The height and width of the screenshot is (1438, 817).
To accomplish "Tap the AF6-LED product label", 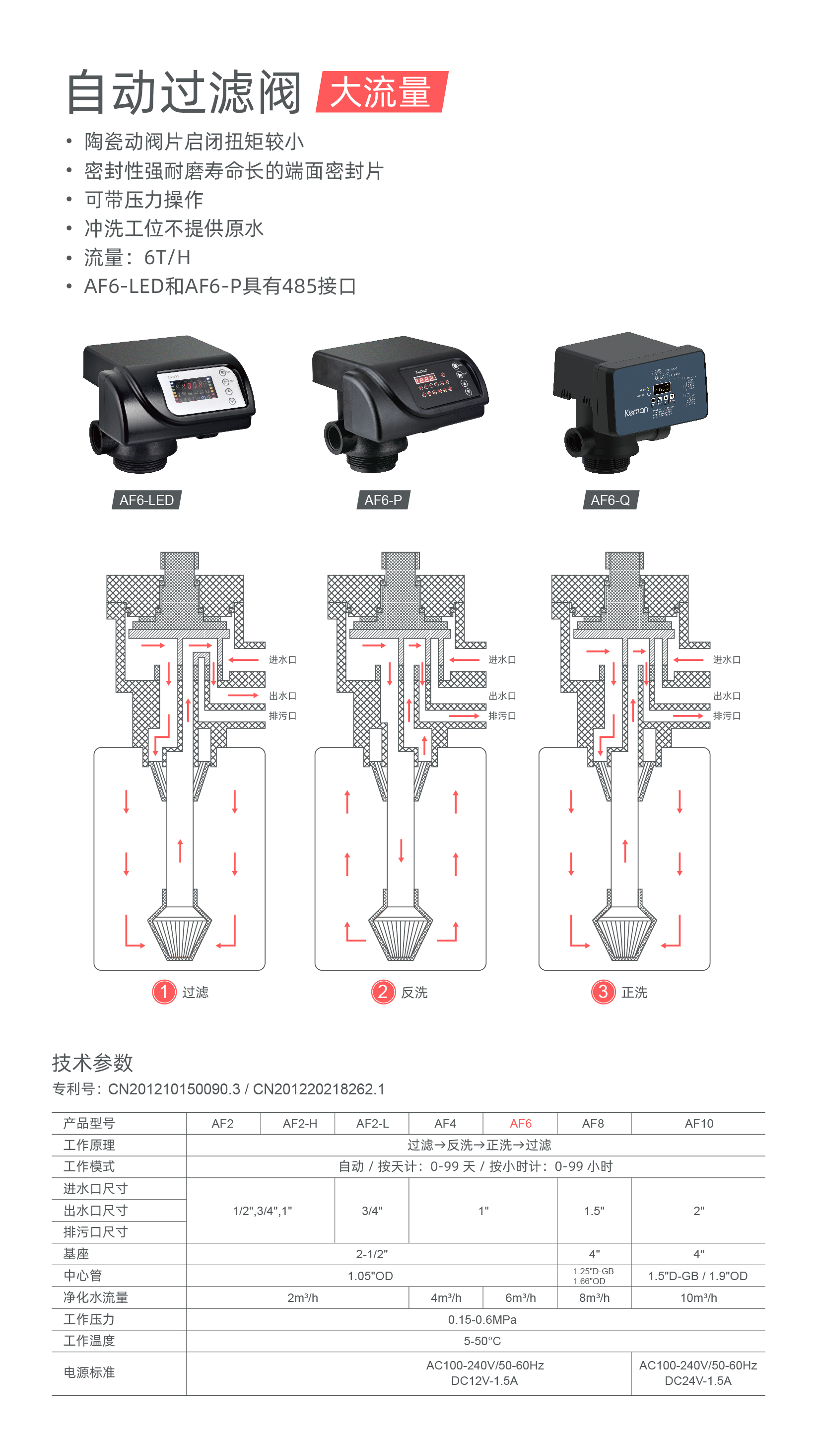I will (x=146, y=500).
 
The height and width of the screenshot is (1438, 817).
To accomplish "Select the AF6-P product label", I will (x=383, y=500).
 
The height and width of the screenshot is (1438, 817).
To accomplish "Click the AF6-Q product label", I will (x=610, y=500).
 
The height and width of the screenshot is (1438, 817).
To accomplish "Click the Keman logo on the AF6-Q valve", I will (x=636, y=412).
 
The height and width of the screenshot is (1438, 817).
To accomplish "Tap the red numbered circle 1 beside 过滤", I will (x=164, y=992).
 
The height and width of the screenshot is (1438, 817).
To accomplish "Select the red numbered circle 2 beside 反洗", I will (x=383, y=992).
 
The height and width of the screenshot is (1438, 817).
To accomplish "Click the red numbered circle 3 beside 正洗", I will (x=603, y=992).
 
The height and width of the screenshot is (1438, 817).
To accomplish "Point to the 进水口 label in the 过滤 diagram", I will (x=282, y=659).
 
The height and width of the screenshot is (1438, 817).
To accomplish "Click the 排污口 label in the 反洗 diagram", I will (x=502, y=716).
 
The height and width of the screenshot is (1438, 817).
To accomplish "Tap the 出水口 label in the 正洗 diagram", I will (x=727, y=696).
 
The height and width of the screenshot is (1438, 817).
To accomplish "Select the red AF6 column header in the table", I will (x=520, y=1123).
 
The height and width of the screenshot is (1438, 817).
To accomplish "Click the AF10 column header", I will (x=698, y=1123).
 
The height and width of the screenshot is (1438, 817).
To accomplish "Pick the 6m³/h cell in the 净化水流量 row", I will (x=520, y=1297).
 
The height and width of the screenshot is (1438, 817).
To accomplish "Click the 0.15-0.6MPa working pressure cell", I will (x=482, y=1319).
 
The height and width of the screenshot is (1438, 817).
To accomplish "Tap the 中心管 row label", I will (x=82, y=1275).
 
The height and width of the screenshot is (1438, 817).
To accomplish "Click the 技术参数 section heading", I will (x=93, y=1063).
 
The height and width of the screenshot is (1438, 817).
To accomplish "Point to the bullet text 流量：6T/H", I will (x=137, y=257).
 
